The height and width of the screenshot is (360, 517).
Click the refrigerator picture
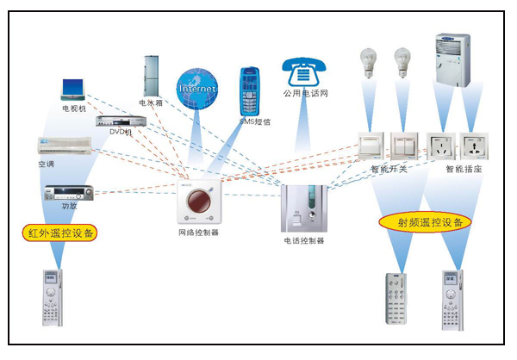(x=152, y=77)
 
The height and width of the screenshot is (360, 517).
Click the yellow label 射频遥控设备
(x=425, y=222)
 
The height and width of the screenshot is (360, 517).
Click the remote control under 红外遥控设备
(x=53, y=298)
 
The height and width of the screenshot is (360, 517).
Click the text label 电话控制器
(x=303, y=241)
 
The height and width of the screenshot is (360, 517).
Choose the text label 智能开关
(x=387, y=170)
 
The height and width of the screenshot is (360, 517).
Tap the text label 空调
(x=45, y=164)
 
